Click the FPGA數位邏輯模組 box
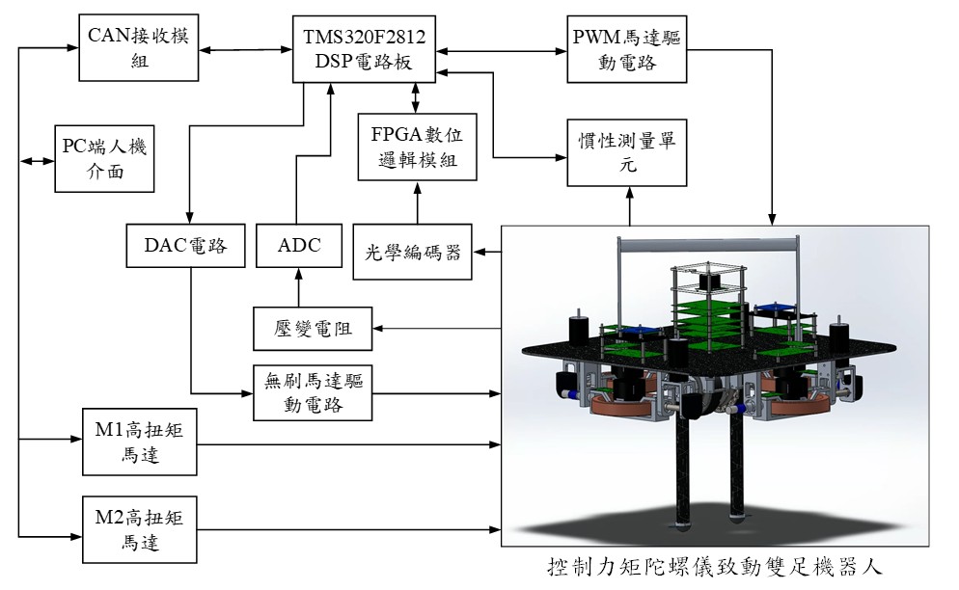tap(418, 147)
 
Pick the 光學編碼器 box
tap(413, 253)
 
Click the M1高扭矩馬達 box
tap(139, 442)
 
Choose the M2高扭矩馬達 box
tap(139, 528)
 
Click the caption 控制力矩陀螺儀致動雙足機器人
tap(714, 565)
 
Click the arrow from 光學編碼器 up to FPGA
tap(418, 202)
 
